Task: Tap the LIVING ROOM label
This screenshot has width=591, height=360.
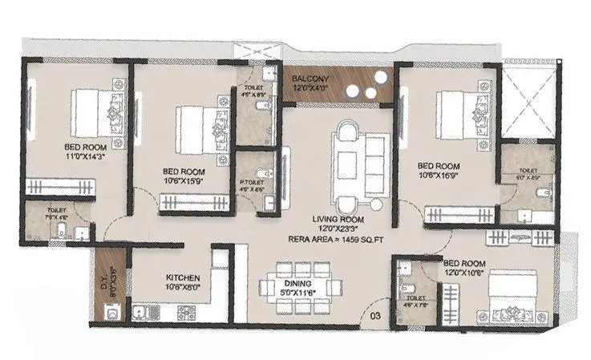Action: (339, 219)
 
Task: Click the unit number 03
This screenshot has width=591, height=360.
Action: (375, 314)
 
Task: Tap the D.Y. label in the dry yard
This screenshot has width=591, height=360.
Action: (103, 282)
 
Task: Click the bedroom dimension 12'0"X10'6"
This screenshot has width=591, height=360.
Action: (465, 271)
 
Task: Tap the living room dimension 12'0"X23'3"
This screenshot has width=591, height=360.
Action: (339, 229)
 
